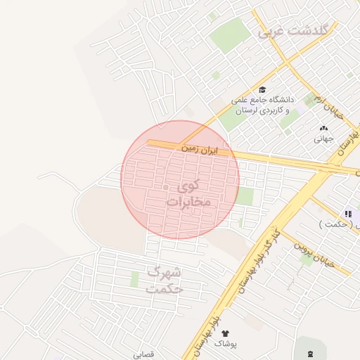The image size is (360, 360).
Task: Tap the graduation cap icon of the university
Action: (x=262, y=89)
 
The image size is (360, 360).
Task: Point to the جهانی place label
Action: (x=323, y=139)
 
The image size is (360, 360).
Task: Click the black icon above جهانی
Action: (x=323, y=129)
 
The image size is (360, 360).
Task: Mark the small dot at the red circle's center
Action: (x=166, y=188)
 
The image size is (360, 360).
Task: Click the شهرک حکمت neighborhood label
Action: (x=164, y=280)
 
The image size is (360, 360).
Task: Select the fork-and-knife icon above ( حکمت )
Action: (x=347, y=214)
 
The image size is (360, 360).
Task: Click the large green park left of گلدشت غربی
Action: (x=229, y=35)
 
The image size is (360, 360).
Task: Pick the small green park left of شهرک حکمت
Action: (x=134, y=279)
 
